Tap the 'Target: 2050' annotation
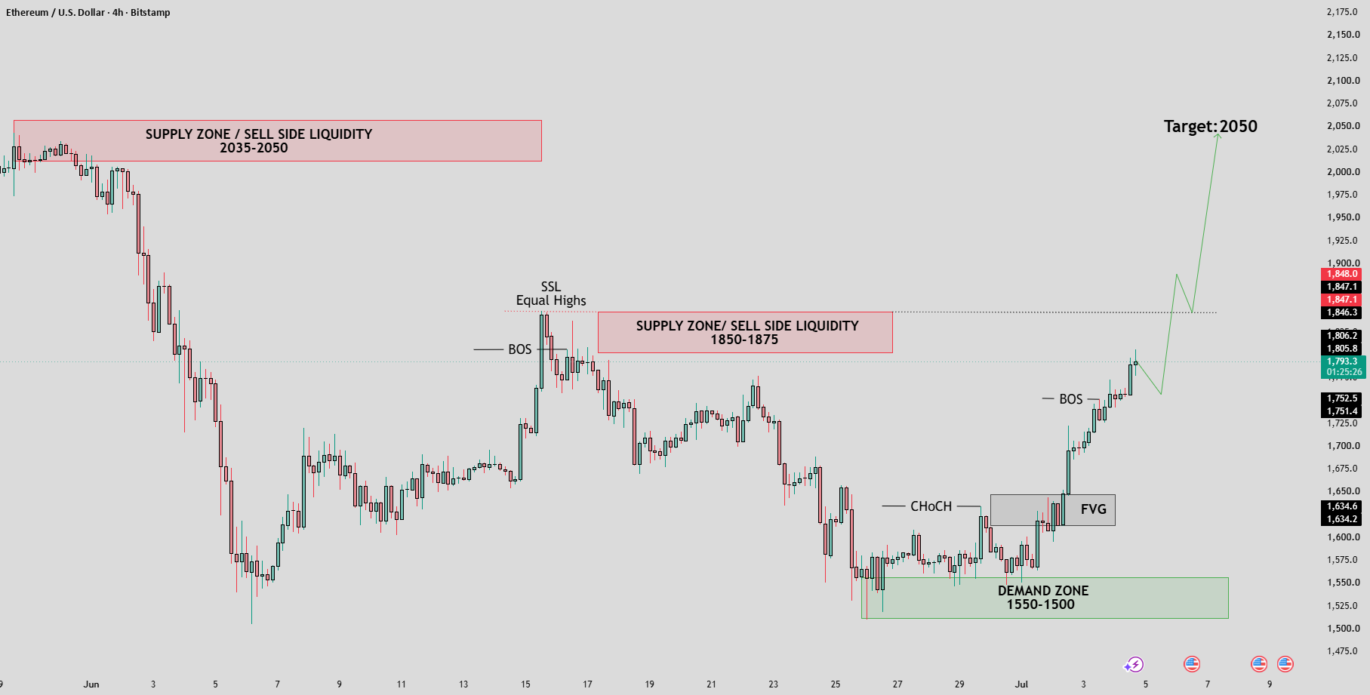(1210, 126)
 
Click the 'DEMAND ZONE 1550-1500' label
(1042, 598)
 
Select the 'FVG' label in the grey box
(1093, 509)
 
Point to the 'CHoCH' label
(931, 506)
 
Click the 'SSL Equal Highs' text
(551, 294)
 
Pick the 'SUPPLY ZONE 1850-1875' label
(747, 333)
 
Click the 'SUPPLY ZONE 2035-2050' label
(258, 141)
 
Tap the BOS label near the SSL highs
(519, 349)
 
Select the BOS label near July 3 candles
(1070, 399)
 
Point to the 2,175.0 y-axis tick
(1343, 12)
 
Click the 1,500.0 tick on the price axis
(1343, 629)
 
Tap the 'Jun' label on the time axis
(91, 684)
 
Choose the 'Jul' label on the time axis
(1021, 684)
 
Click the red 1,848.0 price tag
(1342, 274)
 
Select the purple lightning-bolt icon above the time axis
(1134, 665)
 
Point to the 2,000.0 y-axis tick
(1343, 172)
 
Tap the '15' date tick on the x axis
(525, 684)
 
